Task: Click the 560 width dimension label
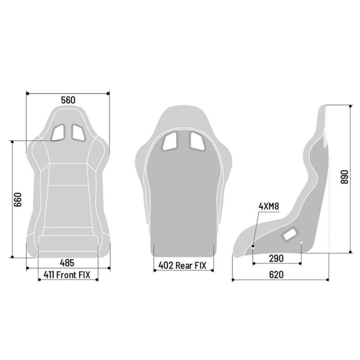pyautogui.click(x=68, y=100)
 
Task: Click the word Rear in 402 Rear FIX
pyautogui.click(x=184, y=265)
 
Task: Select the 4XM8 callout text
pyautogui.click(x=268, y=207)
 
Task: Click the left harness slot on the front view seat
pyautogui.click(x=59, y=132)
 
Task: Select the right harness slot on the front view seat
pyautogui.click(x=78, y=132)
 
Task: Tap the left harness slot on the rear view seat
pyautogui.click(x=169, y=140)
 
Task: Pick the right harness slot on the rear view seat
pyautogui.click(x=196, y=140)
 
